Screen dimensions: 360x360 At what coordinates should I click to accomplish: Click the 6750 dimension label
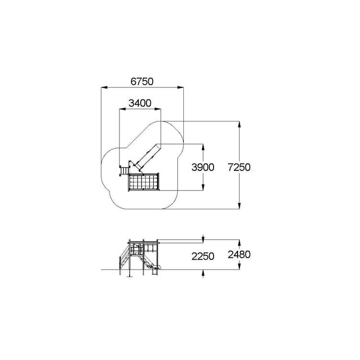tap(142, 82)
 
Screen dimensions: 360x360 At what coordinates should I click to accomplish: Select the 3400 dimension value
tap(140, 103)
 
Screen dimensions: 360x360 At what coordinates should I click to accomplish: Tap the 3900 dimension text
tap(203, 168)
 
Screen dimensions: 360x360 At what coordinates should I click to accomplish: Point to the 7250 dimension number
tap(239, 167)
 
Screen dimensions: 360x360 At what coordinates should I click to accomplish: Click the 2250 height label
tap(203, 256)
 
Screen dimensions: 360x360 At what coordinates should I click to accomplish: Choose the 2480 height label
tap(239, 254)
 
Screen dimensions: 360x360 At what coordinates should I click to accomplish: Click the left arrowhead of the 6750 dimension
tap(104, 87)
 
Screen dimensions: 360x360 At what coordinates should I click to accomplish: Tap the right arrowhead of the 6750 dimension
tap(180, 87)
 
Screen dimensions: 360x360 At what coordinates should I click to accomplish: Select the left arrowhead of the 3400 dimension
tap(122, 109)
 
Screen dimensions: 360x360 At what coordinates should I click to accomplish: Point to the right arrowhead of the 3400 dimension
tap(158, 109)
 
